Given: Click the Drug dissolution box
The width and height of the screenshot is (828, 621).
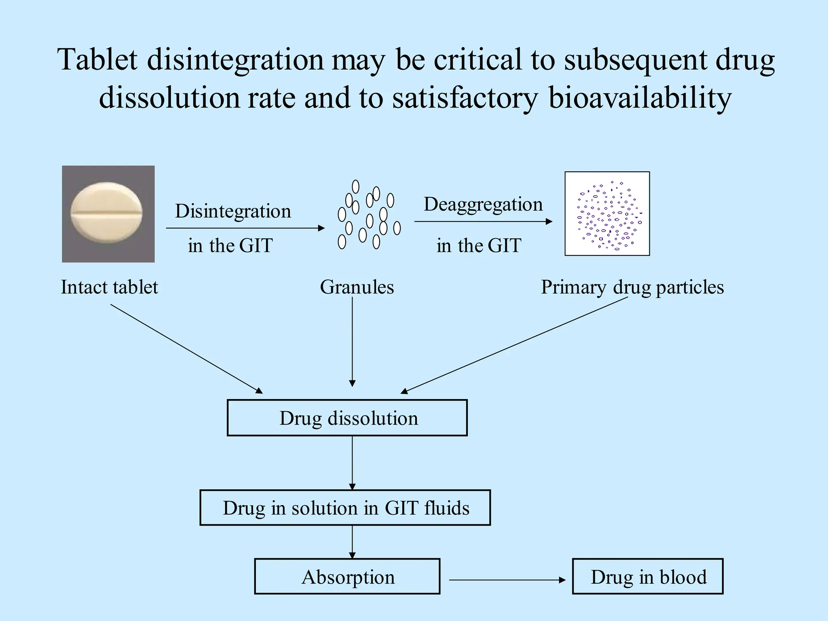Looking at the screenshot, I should point(347,418).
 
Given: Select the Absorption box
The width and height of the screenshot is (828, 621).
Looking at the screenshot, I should point(347,576).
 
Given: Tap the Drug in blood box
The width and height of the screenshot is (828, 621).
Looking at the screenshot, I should point(648,576).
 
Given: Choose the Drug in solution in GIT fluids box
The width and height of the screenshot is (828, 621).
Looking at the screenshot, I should point(345,507).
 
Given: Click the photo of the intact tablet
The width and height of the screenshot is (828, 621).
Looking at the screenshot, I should point(108,214).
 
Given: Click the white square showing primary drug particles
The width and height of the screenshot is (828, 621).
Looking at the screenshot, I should point(607,213).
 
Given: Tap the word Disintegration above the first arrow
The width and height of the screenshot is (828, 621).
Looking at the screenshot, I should point(233,211).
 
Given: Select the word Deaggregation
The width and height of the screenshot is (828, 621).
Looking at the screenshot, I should point(483,204).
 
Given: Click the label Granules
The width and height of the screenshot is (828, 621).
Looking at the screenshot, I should point(357,287).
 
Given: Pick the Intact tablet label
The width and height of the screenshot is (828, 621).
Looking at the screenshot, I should point(109,287).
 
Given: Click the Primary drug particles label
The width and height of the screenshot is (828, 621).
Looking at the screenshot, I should point(632,287).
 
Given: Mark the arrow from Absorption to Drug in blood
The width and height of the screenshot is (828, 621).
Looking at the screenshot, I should point(507,580).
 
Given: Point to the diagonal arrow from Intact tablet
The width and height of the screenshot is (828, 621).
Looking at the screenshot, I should point(186,349).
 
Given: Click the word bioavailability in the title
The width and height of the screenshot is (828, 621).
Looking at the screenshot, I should point(640,98).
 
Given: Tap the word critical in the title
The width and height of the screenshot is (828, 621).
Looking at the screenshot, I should point(477,59).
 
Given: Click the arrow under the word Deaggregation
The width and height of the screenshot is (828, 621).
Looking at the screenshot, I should point(483,221).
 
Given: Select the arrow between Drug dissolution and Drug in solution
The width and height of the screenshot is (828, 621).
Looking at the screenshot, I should point(352,463).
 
